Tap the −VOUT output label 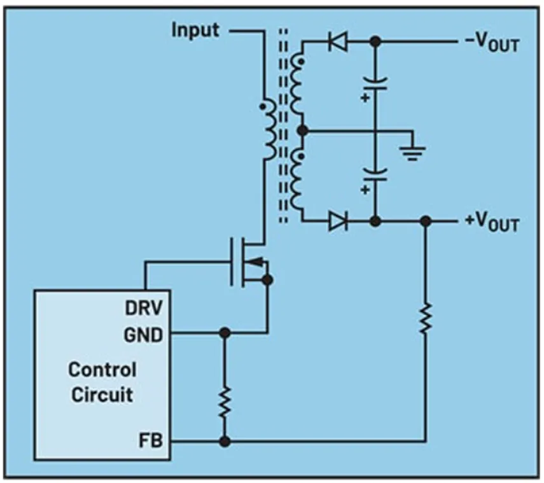[x=492, y=44]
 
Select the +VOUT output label [x=492, y=223]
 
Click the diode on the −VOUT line [x=337, y=43]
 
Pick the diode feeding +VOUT [x=338, y=221]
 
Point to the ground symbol [x=414, y=151]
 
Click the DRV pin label [x=147, y=309]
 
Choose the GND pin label [x=146, y=333]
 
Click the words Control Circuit [x=102, y=382]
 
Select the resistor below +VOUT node [x=426, y=318]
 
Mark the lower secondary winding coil [x=296, y=179]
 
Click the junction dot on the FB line [x=224, y=441]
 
